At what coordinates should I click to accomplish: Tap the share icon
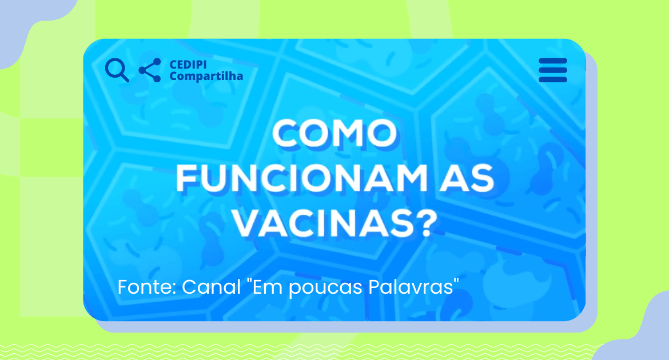(x=150, y=70)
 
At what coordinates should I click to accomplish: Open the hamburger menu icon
(x=553, y=70)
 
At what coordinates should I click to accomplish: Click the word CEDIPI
(x=188, y=65)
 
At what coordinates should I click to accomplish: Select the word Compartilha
(x=206, y=76)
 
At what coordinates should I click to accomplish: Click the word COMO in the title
(x=334, y=134)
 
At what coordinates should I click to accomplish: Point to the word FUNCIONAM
(x=302, y=178)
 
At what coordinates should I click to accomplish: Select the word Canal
(x=211, y=287)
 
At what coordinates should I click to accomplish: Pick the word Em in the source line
(x=269, y=287)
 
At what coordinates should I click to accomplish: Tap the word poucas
(x=326, y=288)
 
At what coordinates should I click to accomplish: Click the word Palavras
(x=410, y=287)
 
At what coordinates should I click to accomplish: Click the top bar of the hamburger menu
(x=553, y=60)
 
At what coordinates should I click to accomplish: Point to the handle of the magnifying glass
(x=124, y=77)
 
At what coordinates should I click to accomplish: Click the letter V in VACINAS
(x=247, y=223)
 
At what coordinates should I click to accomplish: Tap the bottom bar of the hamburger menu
(x=553, y=79)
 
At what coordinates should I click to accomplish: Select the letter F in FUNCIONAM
(x=186, y=178)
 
